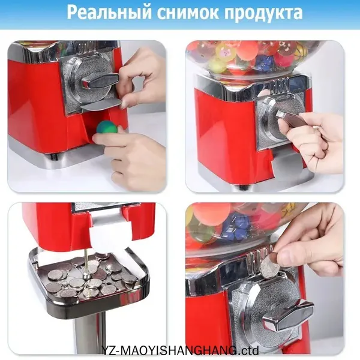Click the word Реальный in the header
pos(109,13)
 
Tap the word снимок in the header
pos(188,13)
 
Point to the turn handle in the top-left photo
pos(100,80)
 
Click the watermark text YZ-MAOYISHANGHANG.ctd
pos(181,350)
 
